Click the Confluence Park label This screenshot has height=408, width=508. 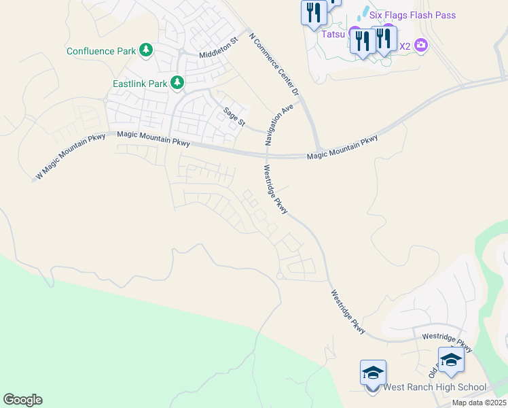tap(102, 51)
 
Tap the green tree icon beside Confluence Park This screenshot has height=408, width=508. tap(145, 50)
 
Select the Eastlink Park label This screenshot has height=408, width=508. tap(139, 84)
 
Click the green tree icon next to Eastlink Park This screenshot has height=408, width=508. tap(177, 83)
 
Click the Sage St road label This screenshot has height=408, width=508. tap(234, 116)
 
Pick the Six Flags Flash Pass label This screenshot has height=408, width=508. tap(412, 15)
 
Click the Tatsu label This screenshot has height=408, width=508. tap(333, 32)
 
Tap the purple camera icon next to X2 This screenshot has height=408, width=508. tap(421, 46)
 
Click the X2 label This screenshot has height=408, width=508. tap(405, 46)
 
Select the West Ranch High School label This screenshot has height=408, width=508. tap(435, 388)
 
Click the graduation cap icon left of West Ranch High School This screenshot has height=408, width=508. tap(373, 373)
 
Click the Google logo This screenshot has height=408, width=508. tap(22, 400)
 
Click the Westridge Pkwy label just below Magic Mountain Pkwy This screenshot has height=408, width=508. tap(276, 190)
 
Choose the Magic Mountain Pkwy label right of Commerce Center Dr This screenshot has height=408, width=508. tap(342, 148)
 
